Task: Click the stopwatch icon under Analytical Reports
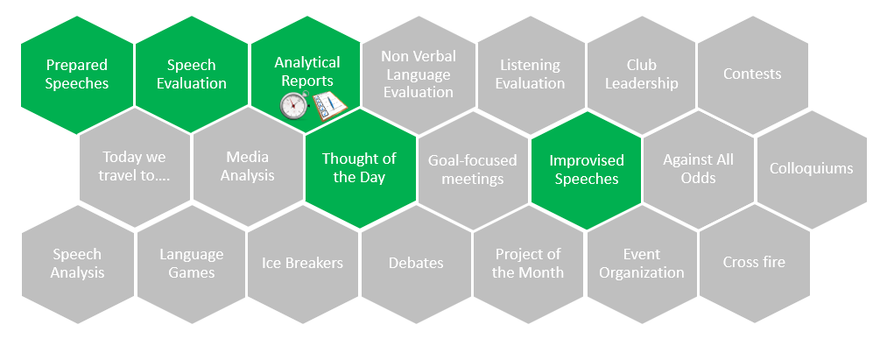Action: pos(293,105)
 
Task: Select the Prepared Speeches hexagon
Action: pos(77,74)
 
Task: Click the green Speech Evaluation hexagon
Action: pos(192,74)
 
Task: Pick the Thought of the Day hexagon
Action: pos(360,168)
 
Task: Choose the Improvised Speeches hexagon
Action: pos(587,170)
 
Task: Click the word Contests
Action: pos(752,74)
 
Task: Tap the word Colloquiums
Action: pos(811,168)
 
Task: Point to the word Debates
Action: pos(416,263)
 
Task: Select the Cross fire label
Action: pos(754,262)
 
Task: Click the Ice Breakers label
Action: pos(302,263)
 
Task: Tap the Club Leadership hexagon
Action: pos(641,74)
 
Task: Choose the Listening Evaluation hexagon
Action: pos(531,74)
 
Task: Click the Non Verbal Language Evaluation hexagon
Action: pos(419,74)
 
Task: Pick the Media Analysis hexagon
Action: pos(247,166)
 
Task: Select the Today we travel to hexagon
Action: pos(135,166)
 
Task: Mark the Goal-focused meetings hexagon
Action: pos(473,170)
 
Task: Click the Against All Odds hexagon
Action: pos(698,169)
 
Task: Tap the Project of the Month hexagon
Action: pos(528,264)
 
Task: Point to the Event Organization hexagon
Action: pos(641,264)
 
